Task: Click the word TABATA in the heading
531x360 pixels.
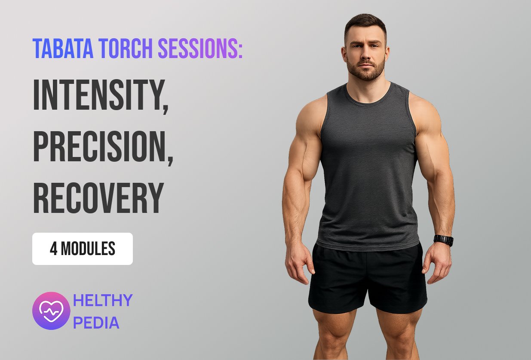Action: (x=63, y=48)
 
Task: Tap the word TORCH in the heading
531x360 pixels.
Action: (x=126, y=48)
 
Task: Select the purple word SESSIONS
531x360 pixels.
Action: (x=198, y=48)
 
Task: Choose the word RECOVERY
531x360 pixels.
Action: (x=98, y=198)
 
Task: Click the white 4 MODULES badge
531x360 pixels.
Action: (x=83, y=249)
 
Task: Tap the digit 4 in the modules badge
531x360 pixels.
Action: (x=54, y=249)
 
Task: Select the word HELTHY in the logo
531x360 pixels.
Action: (x=103, y=300)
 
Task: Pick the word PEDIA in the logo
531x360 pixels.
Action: (x=96, y=323)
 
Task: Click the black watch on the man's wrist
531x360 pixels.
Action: (x=444, y=240)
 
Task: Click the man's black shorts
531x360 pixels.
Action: (x=368, y=279)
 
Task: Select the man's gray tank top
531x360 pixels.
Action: (x=368, y=166)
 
